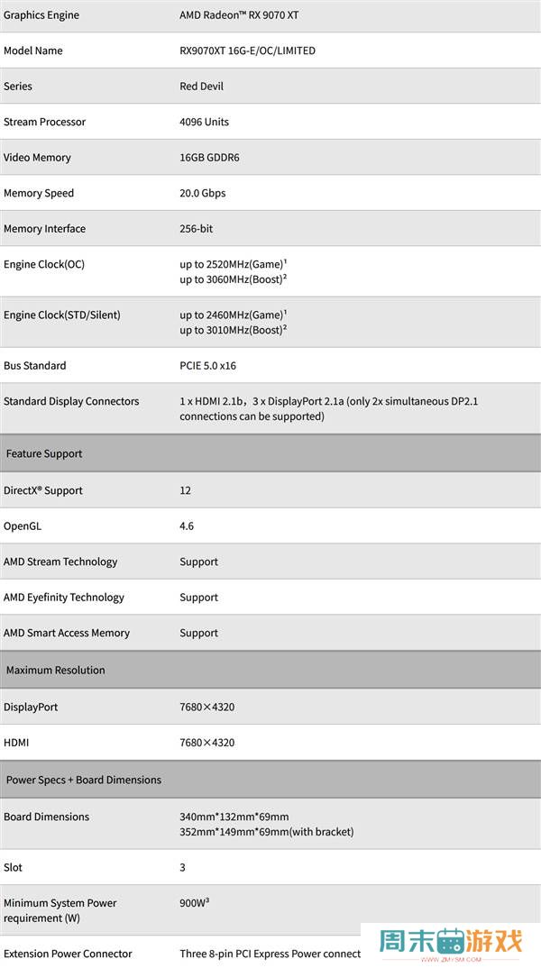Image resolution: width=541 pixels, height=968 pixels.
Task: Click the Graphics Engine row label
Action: [x=41, y=15]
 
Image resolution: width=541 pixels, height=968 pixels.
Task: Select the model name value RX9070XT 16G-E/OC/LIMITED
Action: [x=247, y=51]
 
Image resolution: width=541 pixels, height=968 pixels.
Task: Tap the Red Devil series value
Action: [x=201, y=87]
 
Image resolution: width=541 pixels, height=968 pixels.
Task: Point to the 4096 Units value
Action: [x=204, y=122]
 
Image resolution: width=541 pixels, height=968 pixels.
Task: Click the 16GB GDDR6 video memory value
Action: [x=209, y=158]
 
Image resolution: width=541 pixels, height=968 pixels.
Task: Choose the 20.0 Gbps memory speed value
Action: [x=202, y=193]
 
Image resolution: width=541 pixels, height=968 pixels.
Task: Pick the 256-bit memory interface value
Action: [x=196, y=229]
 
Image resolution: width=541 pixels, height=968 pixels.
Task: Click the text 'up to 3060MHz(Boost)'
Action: [x=232, y=279]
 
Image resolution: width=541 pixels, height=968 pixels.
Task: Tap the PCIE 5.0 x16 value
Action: [x=207, y=366]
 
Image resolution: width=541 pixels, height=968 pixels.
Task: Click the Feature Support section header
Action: [x=44, y=454]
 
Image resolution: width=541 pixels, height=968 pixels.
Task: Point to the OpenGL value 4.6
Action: [x=187, y=526]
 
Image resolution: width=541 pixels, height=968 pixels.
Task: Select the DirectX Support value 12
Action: [x=185, y=491]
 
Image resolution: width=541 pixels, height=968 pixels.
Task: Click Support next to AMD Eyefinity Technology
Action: [x=198, y=598]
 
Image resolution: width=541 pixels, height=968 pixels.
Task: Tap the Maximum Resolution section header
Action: [x=56, y=671]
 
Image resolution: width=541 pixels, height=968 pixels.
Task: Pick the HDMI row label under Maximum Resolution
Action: [x=16, y=743]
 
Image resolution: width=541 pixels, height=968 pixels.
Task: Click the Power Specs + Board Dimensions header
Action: [x=84, y=781]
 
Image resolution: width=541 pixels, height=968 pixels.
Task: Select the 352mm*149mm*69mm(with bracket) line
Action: [x=266, y=832]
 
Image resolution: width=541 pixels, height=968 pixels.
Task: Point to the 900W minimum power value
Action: [x=194, y=901]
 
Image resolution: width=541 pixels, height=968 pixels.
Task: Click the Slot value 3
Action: [x=183, y=868]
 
